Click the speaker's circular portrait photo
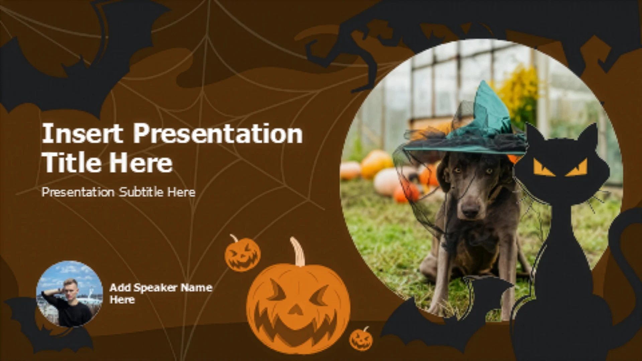[70, 294]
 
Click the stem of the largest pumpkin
[298, 251]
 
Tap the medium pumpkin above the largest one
[242, 253]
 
